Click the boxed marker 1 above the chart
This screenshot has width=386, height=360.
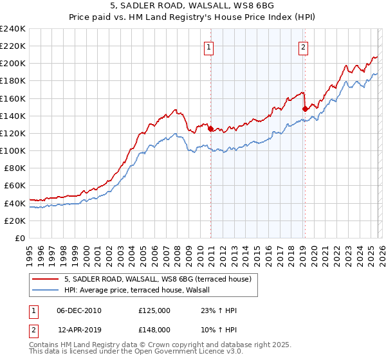click(x=210, y=46)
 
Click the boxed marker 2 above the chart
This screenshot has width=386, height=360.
click(x=302, y=46)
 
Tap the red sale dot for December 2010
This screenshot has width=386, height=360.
click(x=210, y=129)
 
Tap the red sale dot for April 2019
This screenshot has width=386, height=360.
click(x=305, y=109)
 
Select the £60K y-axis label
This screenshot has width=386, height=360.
click(x=15, y=186)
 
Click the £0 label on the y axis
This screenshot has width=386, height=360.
click(x=21, y=238)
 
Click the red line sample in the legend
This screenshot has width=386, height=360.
click(x=46, y=279)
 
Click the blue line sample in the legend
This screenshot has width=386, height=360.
click(x=46, y=290)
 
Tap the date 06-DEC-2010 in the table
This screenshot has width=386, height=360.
click(x=78, y=310)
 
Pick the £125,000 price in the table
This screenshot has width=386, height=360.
click(x=154, y=310)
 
